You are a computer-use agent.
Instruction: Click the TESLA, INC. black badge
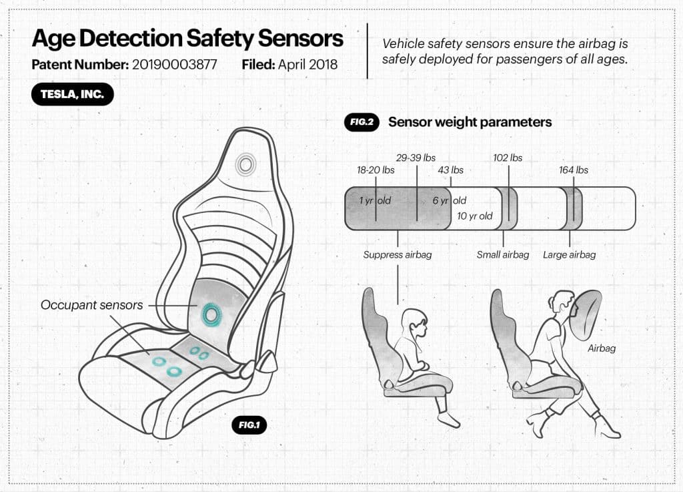pyautogui.click(x=72, y=94)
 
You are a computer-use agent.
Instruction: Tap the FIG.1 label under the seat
pyautogui.click(x=249, y=425)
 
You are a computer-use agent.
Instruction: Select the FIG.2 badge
pyautogui.click(x=362, y=122)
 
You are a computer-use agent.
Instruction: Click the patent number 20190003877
pyautogui.click(x=174, y=65)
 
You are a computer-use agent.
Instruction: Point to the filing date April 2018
pyautogui.click(x=307, y=65)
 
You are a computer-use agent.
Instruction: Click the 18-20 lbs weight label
pyautogui.click(x=376, y=170)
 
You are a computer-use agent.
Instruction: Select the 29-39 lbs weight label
pyautogui.click(x=416, y=158)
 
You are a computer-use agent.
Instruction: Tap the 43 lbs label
pyautogui.click(x=450, y=170)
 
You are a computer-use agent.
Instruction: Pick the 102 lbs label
pyautogui.click(x=508, y=158)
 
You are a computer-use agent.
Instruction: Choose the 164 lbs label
pyautogui.click(x=573, y=170)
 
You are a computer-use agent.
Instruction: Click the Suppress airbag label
pyautogui.click(x=398, y=254)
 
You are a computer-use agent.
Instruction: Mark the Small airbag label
pyautogui.click(x=503, y=254)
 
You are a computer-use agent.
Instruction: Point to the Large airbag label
pyautogui.click(x=570, y=254)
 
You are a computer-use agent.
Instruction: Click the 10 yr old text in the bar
pyautogui.click(x=474, y=216)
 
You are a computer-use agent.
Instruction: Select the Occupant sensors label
pyautogui.click(x=91, y=305)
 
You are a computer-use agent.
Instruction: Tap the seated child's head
pyautogui.click(x=414, y=324)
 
